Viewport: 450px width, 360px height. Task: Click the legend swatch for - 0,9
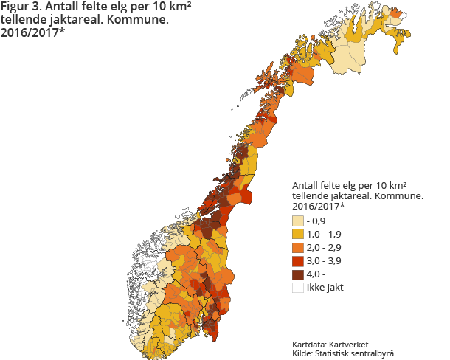298,221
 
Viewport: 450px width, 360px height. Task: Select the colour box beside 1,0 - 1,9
298,234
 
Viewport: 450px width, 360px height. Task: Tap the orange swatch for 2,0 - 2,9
298,247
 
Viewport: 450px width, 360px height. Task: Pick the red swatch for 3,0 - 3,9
298,260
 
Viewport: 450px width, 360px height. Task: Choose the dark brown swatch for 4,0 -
298,274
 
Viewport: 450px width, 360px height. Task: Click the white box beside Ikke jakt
298,287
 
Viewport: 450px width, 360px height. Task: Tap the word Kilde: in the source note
303,353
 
